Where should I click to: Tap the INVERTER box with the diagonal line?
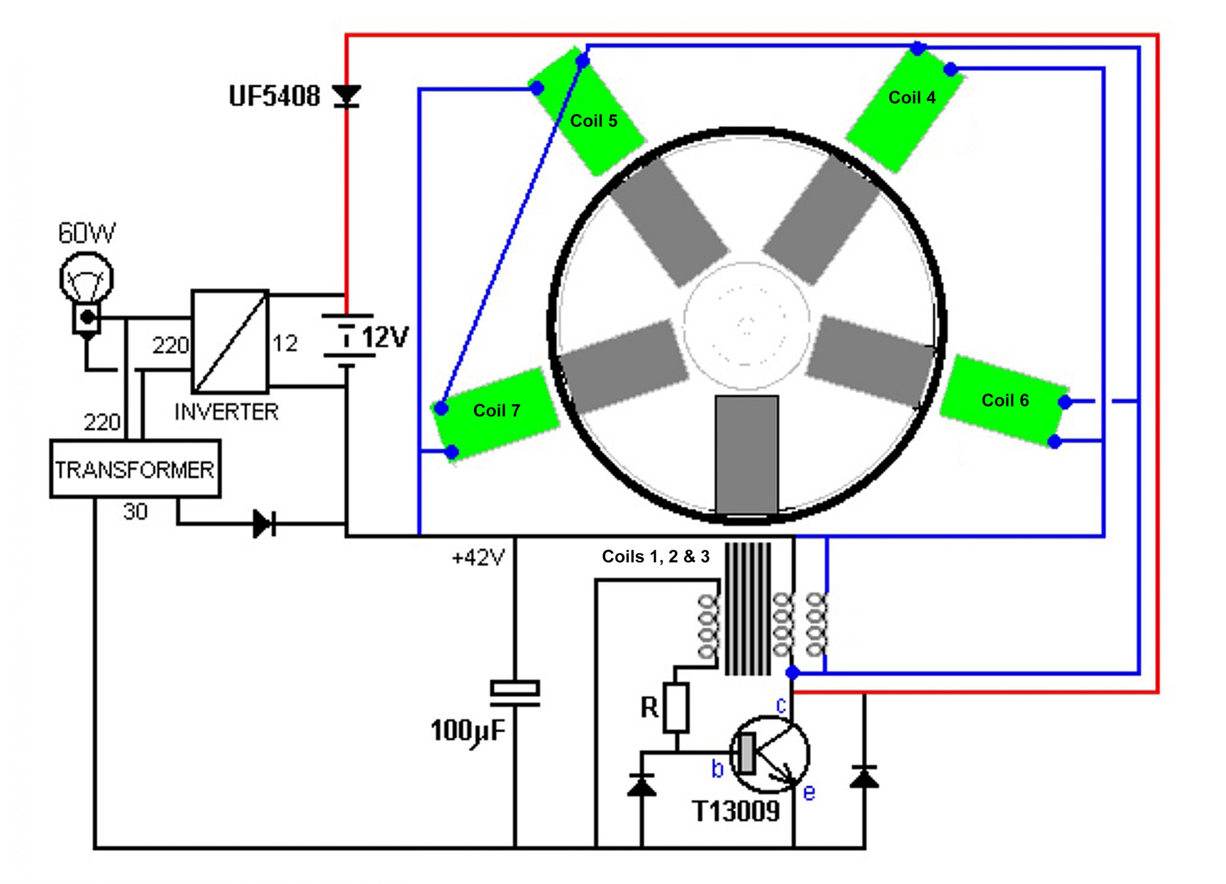coord(230,341)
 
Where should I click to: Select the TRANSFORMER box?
coord(135,469)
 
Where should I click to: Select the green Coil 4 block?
coord(905,108)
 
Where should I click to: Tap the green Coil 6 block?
coord(1004,401)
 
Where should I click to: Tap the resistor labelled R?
coord(676,708)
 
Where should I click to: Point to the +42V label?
coord(478,557)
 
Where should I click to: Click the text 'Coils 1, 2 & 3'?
coord(656,556)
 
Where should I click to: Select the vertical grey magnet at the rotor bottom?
coord(747,454)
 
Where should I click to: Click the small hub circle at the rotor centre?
coord(746,325)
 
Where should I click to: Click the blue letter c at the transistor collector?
coord(781,705)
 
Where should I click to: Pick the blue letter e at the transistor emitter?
coord(809,793)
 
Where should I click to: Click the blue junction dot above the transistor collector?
coord(793,673)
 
